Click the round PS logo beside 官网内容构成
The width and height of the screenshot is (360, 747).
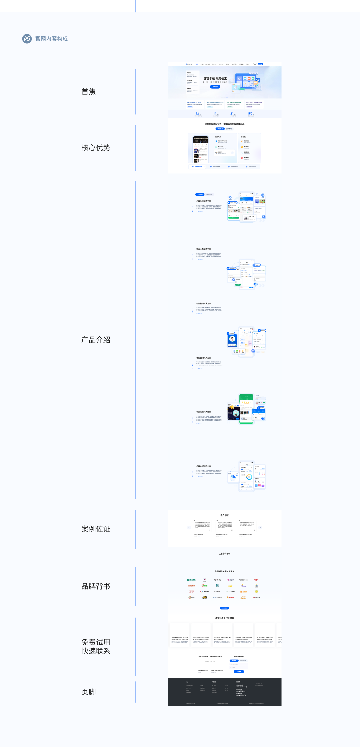(27, 39)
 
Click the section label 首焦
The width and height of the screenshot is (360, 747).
(89, 92)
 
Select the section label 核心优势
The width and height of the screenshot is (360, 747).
(96, 148)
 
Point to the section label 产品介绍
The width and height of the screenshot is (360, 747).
(96, 340)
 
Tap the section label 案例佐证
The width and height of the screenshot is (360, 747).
(96, 529)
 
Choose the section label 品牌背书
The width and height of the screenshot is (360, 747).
(96, 586)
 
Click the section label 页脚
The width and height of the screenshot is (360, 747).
(89, 692)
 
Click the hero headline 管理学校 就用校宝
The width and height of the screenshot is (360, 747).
(215, 78)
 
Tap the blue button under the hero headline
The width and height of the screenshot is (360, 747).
(215, 87)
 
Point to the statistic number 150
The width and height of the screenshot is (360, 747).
(250, 114)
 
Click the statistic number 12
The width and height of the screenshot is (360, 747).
(197, 114)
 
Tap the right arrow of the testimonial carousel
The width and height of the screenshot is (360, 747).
(260, 527)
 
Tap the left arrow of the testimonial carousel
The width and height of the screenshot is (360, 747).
(189, 527)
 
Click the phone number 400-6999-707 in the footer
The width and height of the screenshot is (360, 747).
(241, 695)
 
